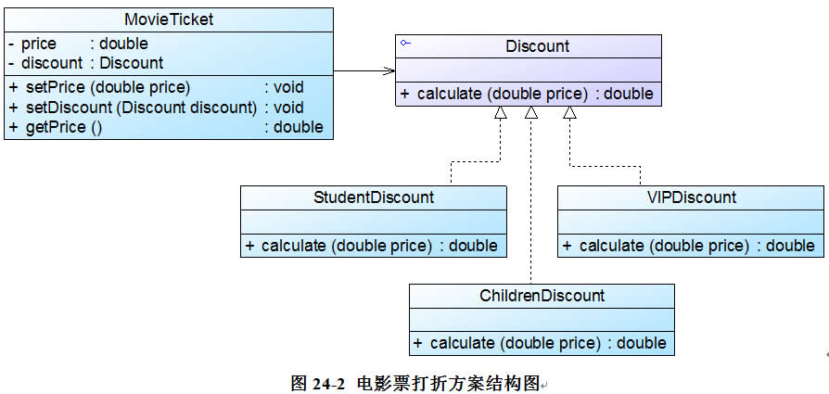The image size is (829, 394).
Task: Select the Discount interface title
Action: [538, 46]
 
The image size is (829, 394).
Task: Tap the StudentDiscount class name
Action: [374, 197]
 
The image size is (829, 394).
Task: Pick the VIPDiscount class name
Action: [691, 197]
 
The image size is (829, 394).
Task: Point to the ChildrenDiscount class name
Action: [542, 296]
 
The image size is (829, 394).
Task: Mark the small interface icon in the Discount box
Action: [404, 43]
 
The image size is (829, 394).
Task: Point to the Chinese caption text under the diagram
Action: [445, 382]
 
